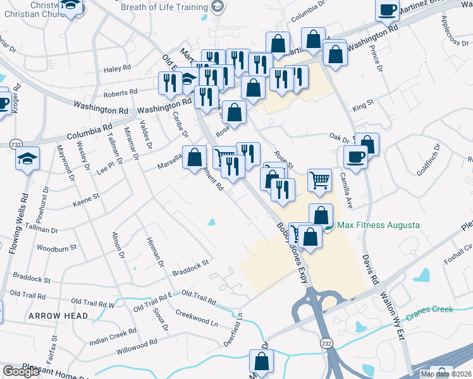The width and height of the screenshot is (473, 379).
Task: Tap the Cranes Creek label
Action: (429, 310)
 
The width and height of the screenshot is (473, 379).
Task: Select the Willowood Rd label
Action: (137, 346)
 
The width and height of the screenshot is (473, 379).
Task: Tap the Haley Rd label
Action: (117, 68)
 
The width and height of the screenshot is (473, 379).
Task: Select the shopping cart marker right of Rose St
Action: (320, 181)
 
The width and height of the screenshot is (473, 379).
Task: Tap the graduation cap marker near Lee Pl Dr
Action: (28, 159)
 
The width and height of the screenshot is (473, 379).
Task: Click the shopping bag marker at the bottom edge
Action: (261, 363)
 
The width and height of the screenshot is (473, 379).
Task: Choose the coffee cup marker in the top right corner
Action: (387, 11)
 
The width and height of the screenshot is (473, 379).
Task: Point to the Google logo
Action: (21, 371)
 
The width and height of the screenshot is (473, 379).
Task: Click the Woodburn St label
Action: (57, 248)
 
